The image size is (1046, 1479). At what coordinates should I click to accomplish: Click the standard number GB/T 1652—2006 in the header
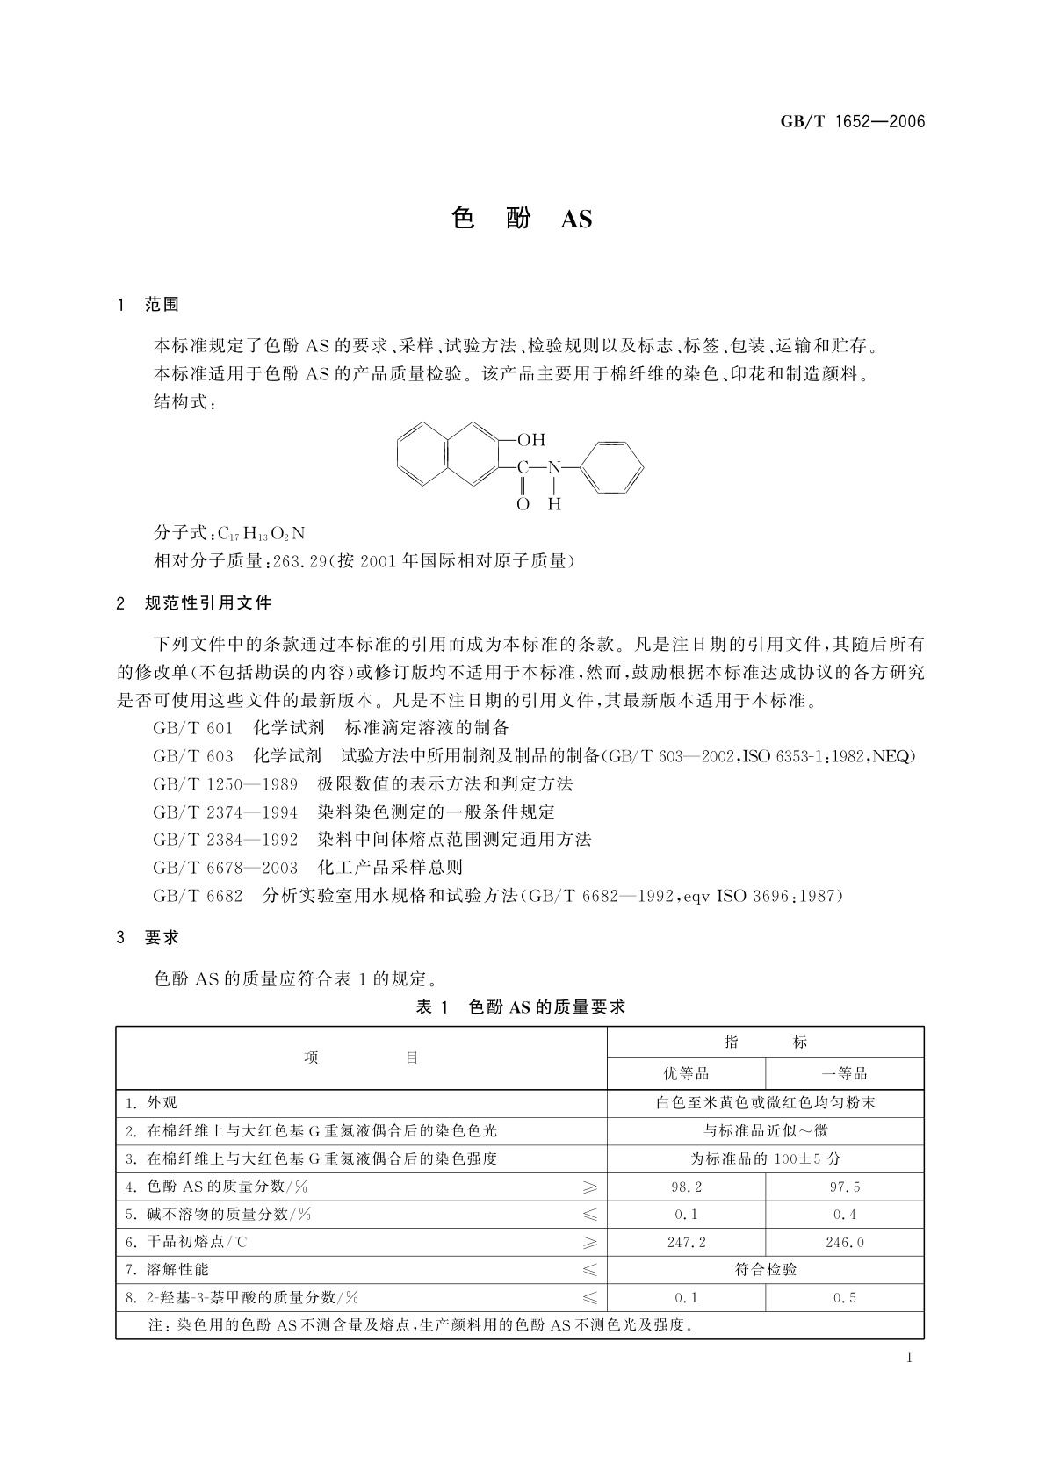[853, 122]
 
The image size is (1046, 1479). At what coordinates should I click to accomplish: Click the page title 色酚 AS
[522, 218]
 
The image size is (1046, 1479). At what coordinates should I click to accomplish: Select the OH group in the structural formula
[530, 439]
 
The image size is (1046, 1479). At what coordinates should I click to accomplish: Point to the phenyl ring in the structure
[614, 467]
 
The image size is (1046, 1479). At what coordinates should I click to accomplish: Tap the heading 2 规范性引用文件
[194, 603]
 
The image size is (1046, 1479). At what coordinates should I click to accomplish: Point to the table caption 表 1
[432, 1007]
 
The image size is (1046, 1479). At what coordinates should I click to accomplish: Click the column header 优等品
[686, 1073]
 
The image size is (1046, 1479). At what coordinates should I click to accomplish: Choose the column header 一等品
[844, 1073]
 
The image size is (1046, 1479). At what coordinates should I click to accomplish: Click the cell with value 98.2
[686, 1187]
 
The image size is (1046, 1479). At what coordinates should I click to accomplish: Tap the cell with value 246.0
[844, 1242]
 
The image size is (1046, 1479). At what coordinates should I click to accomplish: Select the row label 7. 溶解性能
[167, 1269]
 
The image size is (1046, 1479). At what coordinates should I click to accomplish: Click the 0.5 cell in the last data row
[844, 1297]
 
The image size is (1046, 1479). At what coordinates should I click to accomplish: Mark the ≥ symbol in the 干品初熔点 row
[589, 1242]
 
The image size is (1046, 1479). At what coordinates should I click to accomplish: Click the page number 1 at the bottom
[909, 1358]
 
